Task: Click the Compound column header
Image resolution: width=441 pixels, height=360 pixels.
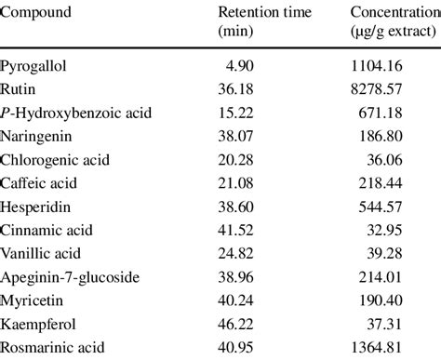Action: pos(36,13)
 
